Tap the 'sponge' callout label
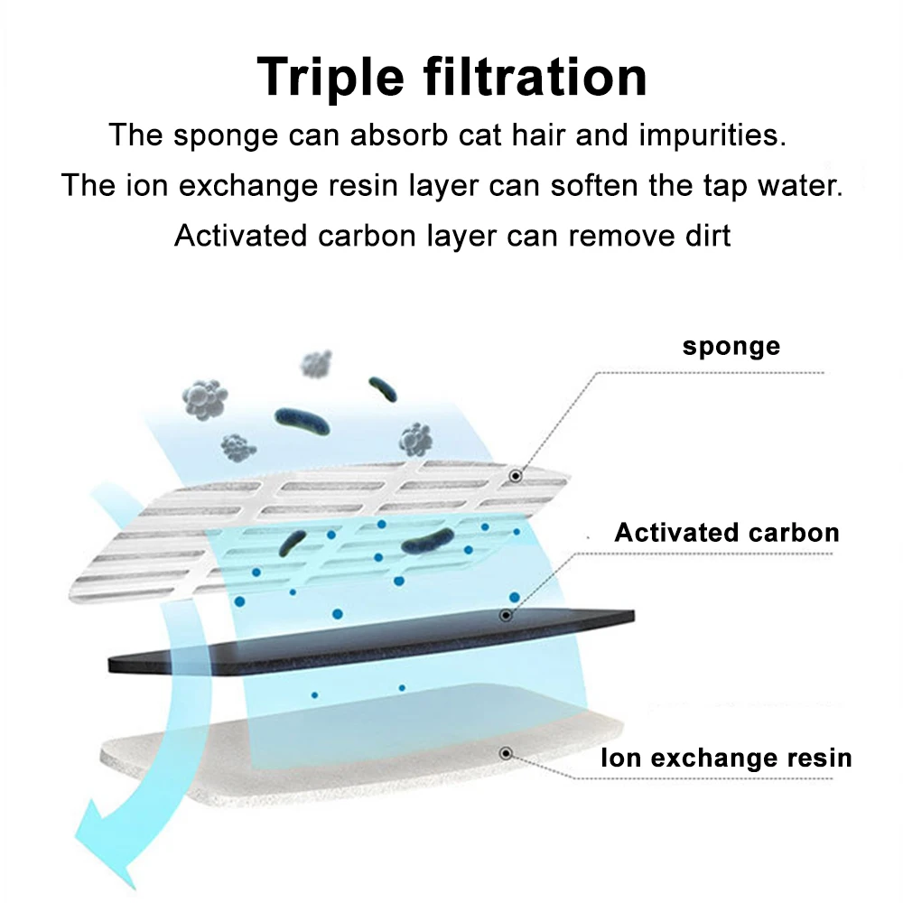[x=731, y=346]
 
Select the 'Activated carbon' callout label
[x=727, y=532]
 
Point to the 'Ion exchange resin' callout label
[x=726, y=757]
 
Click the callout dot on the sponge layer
[x=516, y=475]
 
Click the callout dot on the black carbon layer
[x=506, y=615]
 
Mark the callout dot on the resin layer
[x=506, y=752]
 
